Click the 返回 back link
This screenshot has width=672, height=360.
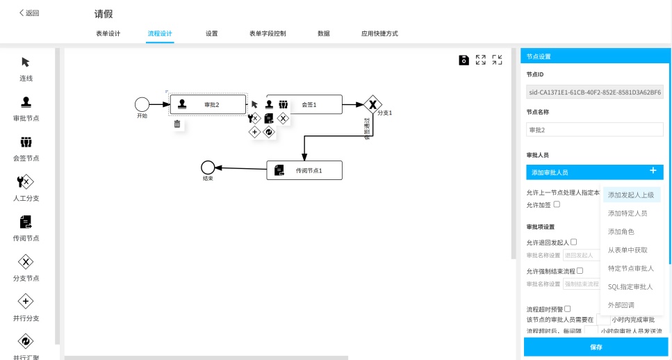coord(29,13)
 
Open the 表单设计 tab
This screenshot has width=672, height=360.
coord(108,33)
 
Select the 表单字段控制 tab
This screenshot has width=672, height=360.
coord(267,33)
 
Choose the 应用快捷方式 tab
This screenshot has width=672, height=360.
coord(379,33)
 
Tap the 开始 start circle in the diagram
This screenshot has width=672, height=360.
coord(142,104)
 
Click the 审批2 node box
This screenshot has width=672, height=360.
coord(208,104)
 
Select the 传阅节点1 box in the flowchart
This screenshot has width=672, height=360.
coord(304,170)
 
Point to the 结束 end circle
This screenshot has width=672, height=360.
coord(207,167)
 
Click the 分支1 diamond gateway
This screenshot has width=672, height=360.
coord(373,104)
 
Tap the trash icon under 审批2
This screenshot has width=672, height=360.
coord(177,124)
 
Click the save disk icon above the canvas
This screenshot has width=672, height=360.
coord(464,60)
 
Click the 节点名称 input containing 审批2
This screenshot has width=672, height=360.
coord(594,129)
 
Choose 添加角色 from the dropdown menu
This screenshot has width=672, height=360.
coord(621,231)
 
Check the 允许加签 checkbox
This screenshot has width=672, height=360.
coord(557,204)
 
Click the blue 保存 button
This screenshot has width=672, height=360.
coord(596,347)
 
